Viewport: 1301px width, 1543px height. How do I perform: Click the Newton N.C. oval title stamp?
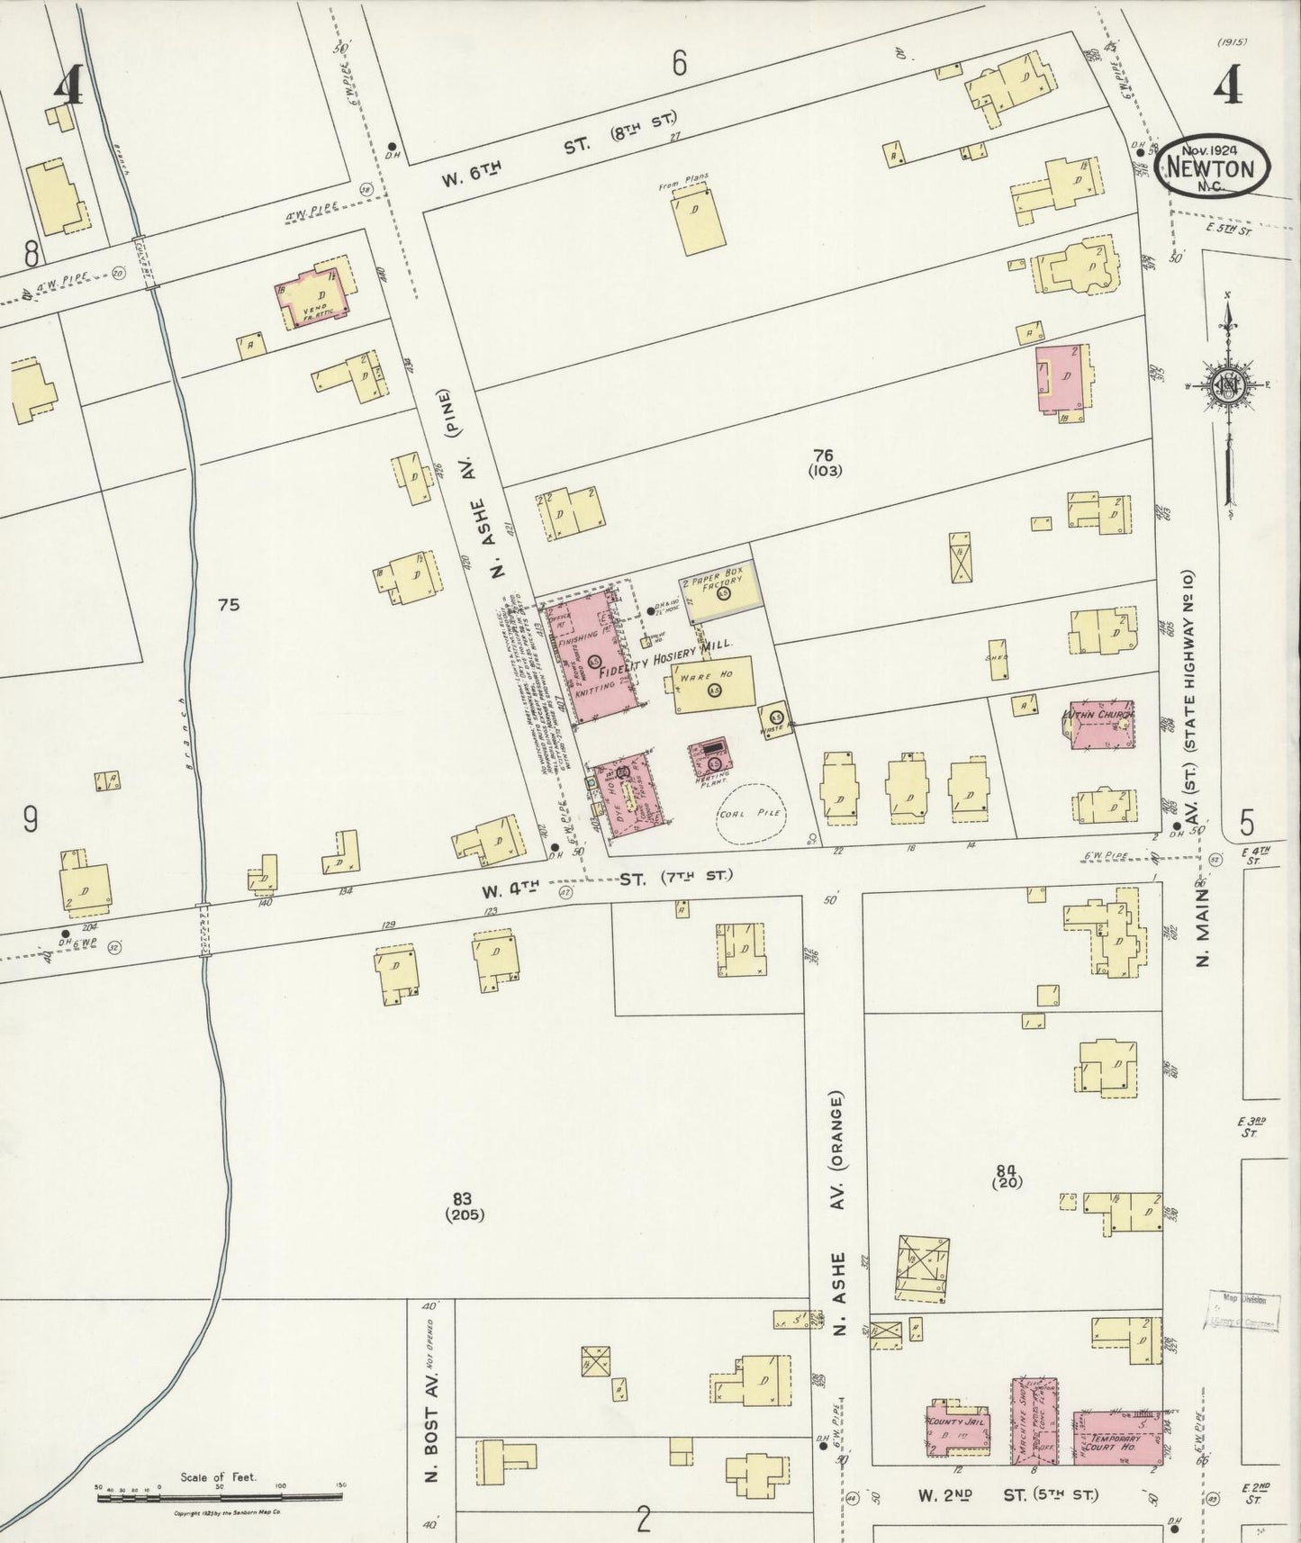(x=1214, y=167)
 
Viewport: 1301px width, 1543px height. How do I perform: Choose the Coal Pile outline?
(x=749, y=813)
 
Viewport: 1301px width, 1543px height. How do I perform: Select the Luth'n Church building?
(x=1099, y=724)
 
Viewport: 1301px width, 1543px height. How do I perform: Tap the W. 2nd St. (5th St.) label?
(x=1007, y=1494)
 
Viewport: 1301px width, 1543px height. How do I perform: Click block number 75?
(x=229, y=605)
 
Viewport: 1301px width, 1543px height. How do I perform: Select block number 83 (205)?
(x=464, y=1205)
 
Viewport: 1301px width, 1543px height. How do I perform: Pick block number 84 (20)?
(x=1006, y=1176)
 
